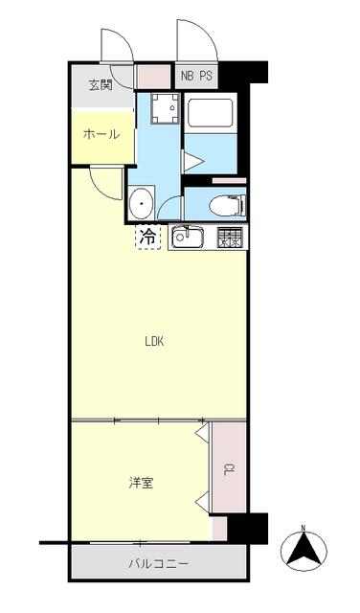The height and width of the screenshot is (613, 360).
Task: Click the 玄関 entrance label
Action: pos(101,85)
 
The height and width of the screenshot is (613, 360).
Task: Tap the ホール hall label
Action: pos(101,134)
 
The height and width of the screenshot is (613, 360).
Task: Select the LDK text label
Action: pos(154,341)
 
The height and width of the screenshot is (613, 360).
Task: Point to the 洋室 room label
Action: pos(141,483)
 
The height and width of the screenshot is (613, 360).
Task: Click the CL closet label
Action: pos(228,469)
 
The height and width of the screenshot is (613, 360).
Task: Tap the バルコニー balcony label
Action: pos(159,563)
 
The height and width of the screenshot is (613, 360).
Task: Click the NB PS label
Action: pos(196,76)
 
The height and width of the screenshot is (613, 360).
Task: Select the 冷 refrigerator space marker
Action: pos(147,237)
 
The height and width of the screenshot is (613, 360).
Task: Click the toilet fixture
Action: pos(227,206)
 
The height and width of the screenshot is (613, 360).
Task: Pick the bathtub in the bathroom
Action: pos(211,113)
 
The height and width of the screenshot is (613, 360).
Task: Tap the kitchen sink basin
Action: pos(188,238)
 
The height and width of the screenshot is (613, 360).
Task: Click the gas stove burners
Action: pos(229,238)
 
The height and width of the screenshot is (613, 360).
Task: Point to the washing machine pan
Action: pos(166,108)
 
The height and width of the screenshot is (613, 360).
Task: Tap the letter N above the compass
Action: pos(304,528)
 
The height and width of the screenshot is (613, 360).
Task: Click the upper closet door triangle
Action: pos(202,434)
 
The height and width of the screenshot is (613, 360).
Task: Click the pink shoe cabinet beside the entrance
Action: pos(154,77)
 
